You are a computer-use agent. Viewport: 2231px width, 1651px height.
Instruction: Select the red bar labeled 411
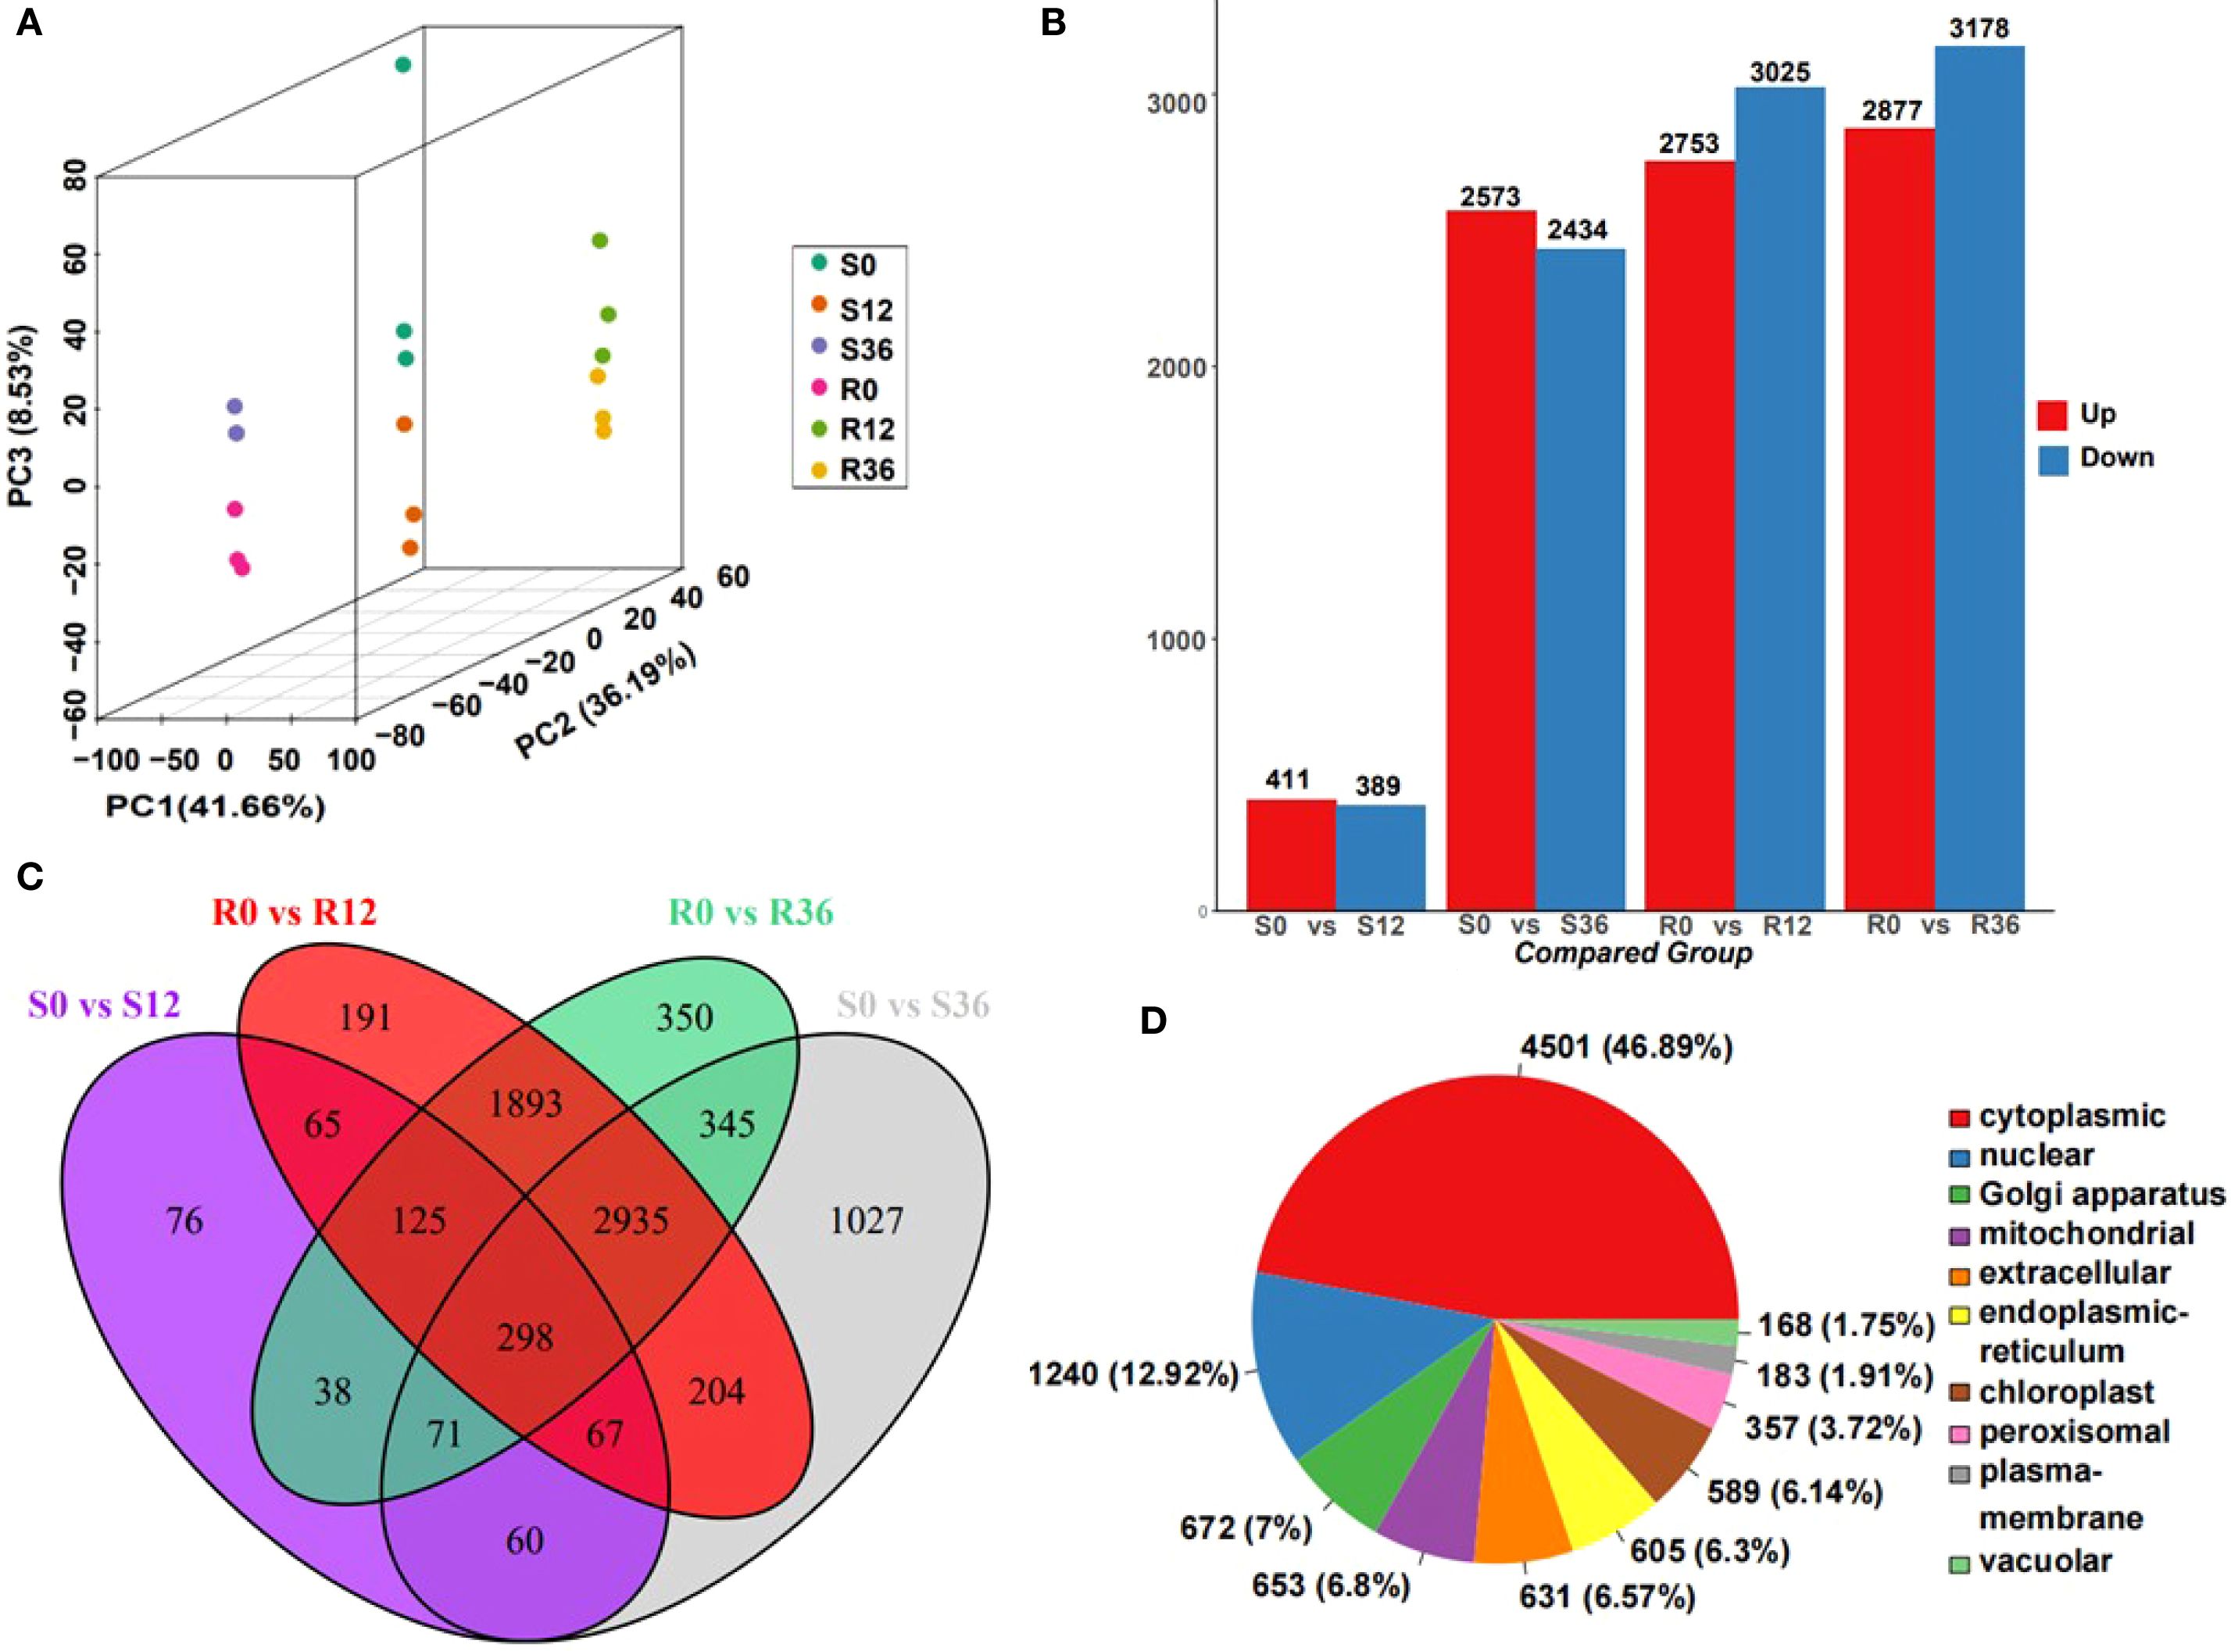click(1290, 855)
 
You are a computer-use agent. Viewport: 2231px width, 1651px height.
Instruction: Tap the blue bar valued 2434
click(1579, 580)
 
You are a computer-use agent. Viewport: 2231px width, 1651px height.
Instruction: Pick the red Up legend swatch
click(2052, 414)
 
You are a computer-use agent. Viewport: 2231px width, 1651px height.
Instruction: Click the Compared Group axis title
click(1633, 953)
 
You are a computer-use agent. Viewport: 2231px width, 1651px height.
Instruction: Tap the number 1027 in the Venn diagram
click(866, 1220)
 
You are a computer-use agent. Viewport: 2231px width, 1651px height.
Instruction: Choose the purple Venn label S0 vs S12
click(104, 1004)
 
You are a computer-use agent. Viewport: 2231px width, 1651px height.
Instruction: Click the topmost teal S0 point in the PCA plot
click(402, 65)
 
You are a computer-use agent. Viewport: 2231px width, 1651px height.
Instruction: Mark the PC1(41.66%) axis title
click(215, 806)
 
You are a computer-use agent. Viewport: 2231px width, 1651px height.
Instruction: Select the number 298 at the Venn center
click(525, 1336)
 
